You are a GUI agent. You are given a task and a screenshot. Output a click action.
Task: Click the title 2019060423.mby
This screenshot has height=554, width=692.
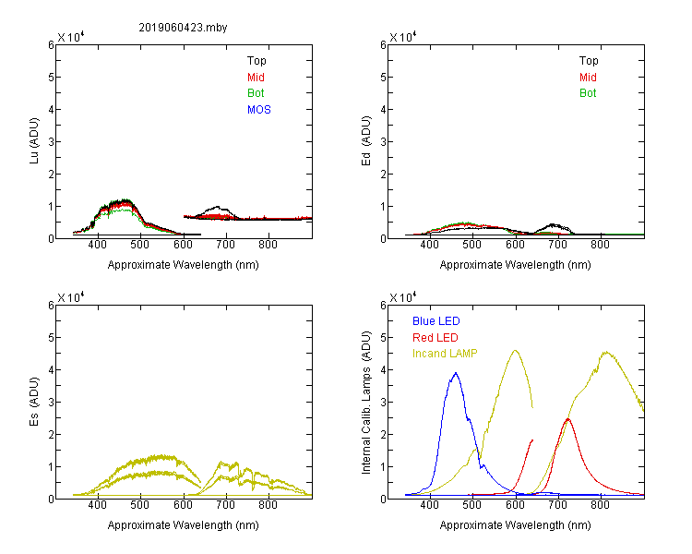[183, 28]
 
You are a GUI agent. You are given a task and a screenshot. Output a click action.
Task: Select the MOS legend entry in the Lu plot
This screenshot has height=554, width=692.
[259, 110]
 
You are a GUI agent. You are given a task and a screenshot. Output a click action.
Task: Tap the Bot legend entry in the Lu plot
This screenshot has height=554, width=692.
[256, 93]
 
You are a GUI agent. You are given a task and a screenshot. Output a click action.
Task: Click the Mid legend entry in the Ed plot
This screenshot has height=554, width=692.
[588, 78]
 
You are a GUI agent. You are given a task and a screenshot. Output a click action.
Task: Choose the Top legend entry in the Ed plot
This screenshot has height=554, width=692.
[589, 61]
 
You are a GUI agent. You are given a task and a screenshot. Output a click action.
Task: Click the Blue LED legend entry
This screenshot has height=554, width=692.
[436, 321]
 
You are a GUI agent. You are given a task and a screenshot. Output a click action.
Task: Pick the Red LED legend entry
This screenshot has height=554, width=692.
[435, 338]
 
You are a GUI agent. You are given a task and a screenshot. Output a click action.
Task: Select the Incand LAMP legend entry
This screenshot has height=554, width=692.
[445, 354]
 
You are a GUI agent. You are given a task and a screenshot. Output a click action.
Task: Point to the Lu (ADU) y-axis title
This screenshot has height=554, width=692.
[34, 141]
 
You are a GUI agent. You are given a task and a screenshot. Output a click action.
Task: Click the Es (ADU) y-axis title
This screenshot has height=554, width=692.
[34, 402]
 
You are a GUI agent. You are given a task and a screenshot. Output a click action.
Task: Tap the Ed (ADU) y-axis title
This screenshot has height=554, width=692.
[366, 141]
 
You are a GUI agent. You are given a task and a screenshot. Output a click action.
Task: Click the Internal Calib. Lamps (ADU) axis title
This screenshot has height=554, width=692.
[366, 403]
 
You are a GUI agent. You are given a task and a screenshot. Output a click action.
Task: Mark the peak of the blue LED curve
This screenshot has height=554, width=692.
[456, 373]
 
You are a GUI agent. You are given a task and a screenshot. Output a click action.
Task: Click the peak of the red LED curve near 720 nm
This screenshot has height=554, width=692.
[567, 419]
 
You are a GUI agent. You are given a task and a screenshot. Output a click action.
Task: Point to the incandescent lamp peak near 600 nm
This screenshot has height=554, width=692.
[515, 350]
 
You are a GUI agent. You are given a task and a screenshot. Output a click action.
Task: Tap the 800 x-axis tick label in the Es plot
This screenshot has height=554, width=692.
[268, 505]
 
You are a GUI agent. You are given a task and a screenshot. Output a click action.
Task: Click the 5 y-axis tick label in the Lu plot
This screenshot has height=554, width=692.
[51, 78]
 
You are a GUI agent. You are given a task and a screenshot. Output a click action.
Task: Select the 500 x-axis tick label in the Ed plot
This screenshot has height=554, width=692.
[471, 245]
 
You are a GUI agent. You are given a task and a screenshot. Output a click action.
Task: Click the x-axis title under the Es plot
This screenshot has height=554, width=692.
[184, 525]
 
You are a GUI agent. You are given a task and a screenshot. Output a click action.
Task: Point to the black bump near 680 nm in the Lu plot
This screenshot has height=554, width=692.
[217, 207]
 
